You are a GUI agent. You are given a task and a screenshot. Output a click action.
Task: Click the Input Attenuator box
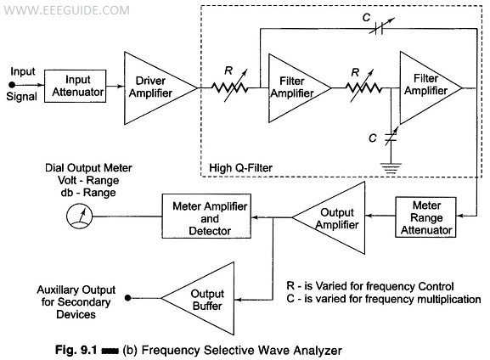(x=75, y=86)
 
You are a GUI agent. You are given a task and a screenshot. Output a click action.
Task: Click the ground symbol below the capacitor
(x=391, y=168)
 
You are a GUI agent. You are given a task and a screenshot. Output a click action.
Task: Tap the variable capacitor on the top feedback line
(x=379, y=28)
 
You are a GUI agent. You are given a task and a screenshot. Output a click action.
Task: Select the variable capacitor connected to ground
(x=391, y=137)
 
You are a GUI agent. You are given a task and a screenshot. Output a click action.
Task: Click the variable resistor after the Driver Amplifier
(x=230, y=87)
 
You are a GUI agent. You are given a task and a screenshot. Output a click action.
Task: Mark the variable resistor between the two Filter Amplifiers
(x=363, y=87)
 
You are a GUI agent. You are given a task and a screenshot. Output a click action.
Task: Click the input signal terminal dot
(x=12, y=85)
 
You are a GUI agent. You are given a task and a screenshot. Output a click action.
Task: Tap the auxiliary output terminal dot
(x=127, y=298)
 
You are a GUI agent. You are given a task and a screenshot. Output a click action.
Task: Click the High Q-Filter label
(x=240, y=168)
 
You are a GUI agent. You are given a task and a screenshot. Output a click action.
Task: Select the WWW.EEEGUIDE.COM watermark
(x=66, y=10)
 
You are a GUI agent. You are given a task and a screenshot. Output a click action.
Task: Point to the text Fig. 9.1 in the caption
(x=76, y=349)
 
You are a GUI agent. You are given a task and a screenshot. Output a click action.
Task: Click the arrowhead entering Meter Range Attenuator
(x=460, y=216)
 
